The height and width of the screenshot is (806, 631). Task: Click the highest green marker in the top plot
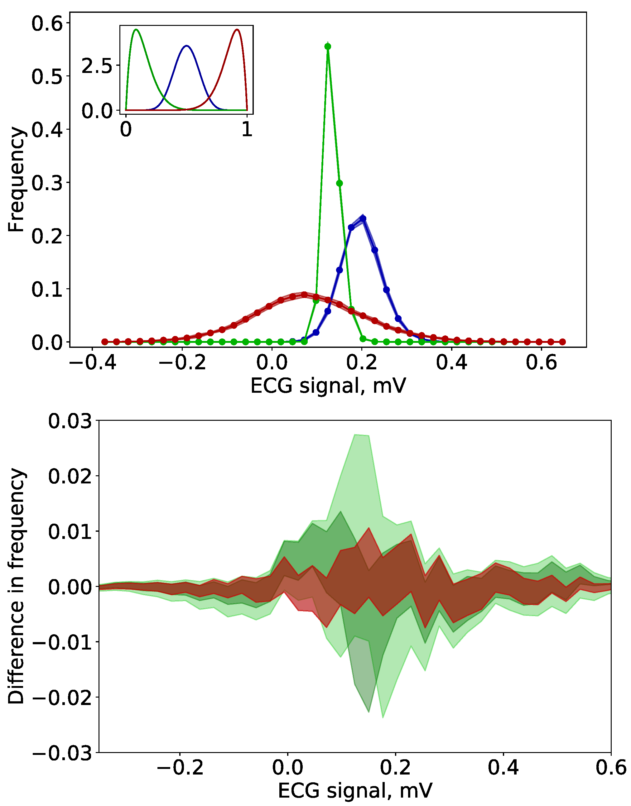[328, 46]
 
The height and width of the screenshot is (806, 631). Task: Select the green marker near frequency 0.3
[340, 183]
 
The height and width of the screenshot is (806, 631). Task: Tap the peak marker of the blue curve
[363, 219]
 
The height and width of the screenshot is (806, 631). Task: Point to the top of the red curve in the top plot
[304, 295]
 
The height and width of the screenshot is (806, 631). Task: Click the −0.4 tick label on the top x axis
[92, 362]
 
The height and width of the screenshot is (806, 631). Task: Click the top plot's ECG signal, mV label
[328, 386]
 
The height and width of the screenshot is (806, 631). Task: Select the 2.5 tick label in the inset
[96, 66]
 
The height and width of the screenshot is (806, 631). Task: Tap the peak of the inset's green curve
[136, 29]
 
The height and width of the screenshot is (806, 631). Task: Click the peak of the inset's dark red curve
[237, 29]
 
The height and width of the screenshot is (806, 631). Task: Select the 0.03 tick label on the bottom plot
[70, 421]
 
